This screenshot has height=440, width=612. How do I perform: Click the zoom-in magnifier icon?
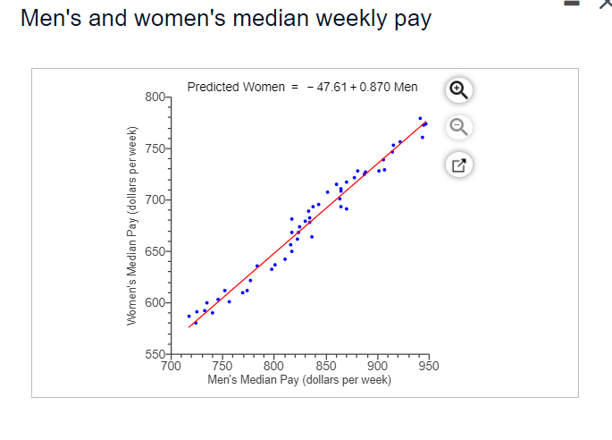(457, 89)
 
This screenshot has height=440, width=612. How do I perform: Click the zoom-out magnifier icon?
(457, 126)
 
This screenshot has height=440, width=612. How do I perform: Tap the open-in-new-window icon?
(457, 164)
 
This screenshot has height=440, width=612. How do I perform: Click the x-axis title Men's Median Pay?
(298, 379)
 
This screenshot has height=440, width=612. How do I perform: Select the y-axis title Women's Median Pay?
(132, 230)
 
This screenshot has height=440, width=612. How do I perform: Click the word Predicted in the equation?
(213, 87)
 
